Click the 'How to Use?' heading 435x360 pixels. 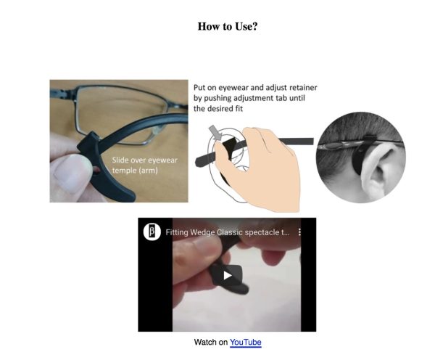[x=228, y=26]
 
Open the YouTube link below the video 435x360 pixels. [x=246, y=342]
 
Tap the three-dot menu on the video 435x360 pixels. [x=299, y=232]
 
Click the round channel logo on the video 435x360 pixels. [x=152, y=232]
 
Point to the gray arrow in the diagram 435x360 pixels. [x=216, y=133]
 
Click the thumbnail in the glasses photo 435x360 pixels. [x=72, y=173]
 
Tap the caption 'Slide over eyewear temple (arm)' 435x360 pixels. [x=144, y=165]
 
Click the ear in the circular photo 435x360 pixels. [x=381, y=169]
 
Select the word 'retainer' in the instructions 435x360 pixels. [x=303, y=88]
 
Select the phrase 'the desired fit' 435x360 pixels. [x=218, y=108]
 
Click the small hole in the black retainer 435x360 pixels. [x=96, y=169]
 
